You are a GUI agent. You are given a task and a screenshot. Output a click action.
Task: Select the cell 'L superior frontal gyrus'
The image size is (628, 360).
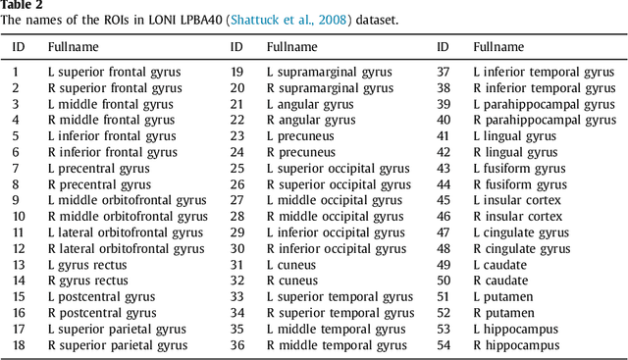[x=114, y=72]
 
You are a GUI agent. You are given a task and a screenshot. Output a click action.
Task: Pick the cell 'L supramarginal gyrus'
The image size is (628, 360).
[x=329, y=72]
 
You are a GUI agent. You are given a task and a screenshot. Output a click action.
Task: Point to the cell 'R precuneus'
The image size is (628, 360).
[x=301, y=152]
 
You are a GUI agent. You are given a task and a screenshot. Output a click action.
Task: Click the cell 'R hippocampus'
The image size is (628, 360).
[x=516, y=344]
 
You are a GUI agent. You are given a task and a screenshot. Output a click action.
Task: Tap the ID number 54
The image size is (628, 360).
[x=443, y=344]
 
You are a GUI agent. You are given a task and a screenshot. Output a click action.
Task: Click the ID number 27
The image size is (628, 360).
[x=236, y=200]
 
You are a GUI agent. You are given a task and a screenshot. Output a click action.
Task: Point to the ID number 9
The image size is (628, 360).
[x=16, y=200]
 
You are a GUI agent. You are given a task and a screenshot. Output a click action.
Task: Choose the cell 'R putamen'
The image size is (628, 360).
[x=503, y=313]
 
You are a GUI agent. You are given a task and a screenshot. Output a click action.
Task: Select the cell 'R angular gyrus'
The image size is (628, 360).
[x=311, y=120]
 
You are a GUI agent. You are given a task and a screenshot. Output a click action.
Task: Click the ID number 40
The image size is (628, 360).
[x=443, y=120]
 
